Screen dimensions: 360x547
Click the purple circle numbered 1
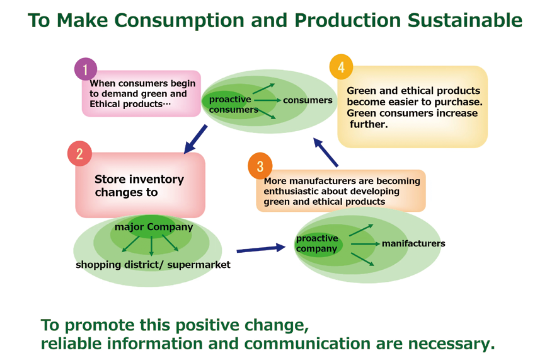coord(86,69)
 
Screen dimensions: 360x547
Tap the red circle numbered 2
coord(79,154)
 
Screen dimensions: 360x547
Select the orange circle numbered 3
coord(260,166)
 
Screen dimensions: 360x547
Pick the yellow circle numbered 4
coord(341,67)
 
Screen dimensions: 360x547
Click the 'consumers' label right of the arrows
coord(308,100)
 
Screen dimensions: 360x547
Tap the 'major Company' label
coord(153,227)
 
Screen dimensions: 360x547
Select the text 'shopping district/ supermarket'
coord(153,265)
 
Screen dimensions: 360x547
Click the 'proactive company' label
coord(317,243)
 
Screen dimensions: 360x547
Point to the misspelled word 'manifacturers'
coord(413,243)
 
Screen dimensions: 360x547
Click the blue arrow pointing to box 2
coord(195,139)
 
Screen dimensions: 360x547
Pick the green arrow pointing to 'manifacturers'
coord(365,243)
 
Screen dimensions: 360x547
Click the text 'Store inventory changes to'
coord(139,185)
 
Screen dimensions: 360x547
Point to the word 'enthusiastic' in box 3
coord(293,191)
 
